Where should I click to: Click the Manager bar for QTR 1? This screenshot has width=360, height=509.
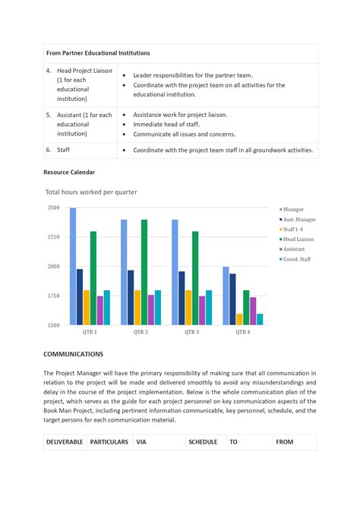[x=73, y=266]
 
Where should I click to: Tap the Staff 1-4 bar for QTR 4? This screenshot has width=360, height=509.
[x=239, y=319]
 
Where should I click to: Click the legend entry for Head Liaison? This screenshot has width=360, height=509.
[x=298, y=239]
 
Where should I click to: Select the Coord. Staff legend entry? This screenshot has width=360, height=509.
[x=297, y=259]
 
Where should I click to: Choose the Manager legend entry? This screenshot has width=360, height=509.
[x=293, y=209]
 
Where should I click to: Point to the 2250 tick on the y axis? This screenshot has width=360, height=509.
[x=53, y=237]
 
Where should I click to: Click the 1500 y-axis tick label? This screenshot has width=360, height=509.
[x=53, y=325]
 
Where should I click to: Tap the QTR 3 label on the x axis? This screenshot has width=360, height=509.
[x=191, y=332]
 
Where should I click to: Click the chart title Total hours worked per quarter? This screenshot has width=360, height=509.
[x=91, y=192]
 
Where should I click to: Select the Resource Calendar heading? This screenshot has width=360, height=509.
[x=69, y=172]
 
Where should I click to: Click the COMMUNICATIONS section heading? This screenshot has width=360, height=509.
[x=73, y=354]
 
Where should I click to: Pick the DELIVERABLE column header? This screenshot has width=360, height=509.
[x=65, y=441]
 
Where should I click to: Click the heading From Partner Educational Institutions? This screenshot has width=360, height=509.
[x=98, y=53]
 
